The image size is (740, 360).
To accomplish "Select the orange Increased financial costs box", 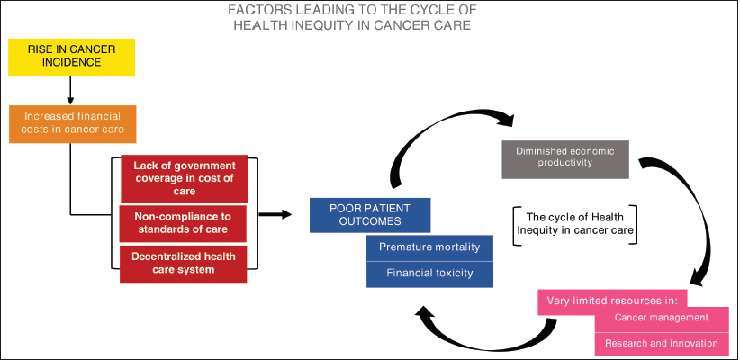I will (x=73, y=123).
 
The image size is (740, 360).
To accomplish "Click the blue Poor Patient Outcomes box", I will (x=368, y=214).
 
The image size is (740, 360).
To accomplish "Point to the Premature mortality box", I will (x=429, y=247).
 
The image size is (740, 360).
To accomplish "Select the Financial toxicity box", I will (x=429, y=273).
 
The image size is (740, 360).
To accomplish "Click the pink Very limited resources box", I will (x=612, y=300).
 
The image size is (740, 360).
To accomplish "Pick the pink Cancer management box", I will (x=661, y=317).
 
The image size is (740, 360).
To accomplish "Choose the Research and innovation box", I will (x=661, y=343).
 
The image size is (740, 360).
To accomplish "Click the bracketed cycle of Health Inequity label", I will (x=574, y=222).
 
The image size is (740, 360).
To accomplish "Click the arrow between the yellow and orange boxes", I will (x=69, y=90).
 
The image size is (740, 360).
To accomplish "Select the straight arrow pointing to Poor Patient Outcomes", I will (x=274, y=214).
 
